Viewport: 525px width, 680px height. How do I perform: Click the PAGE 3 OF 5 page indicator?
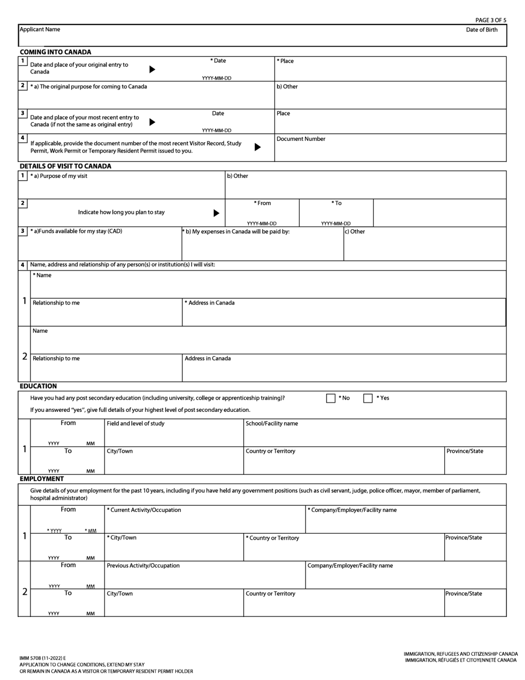[490, 20]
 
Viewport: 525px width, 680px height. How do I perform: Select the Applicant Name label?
[40, 29]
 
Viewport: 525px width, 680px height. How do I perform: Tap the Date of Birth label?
[481, 30]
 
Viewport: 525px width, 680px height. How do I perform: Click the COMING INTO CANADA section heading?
[55, 52]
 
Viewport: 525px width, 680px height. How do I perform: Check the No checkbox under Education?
[330, 398]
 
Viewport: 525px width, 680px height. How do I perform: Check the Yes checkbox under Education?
[368, 398]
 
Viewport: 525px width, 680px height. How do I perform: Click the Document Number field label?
[301, 139]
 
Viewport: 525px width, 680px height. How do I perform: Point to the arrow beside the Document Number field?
[258, 147]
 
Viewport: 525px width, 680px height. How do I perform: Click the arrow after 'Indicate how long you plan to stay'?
[216, 213]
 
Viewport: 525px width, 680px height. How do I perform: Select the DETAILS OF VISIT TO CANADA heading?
[65, 166]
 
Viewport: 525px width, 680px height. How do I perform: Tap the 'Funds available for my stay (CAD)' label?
[76, 231]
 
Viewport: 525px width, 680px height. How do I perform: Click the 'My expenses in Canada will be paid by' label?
[236, 232]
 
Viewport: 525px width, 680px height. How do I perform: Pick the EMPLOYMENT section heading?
[41, 479]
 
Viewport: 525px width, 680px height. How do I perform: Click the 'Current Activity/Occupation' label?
[144, 510]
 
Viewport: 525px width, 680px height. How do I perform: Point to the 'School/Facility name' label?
[271, 423]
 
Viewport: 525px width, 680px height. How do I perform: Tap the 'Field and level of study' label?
[135, 423]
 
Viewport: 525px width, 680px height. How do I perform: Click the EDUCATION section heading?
[38, 386]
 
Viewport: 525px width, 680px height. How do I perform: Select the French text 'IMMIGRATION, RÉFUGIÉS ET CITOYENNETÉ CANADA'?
[461, 660]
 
